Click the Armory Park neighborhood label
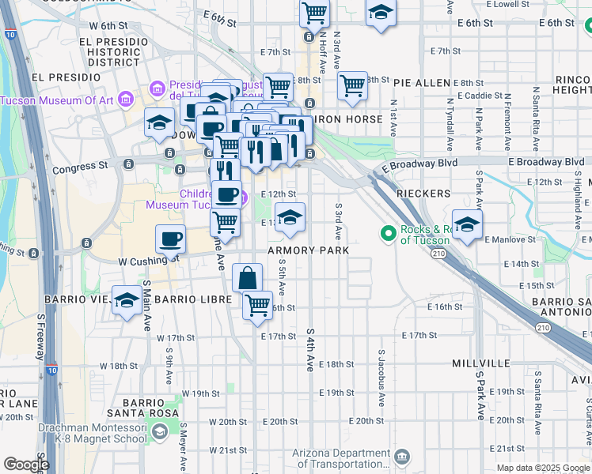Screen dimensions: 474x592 (308, 250)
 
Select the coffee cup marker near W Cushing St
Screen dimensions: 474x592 (172, 239)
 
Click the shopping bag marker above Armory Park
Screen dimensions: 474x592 (248, 278)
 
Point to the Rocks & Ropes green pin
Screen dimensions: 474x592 (388, 233)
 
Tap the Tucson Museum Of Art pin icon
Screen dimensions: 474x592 (124, 100)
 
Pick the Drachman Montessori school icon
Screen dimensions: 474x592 (160, 431)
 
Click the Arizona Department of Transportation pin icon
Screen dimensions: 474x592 (401, 456)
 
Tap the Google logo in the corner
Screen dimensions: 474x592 (26, 465)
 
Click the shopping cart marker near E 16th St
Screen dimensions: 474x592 (258, 304)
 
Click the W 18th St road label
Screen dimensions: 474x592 (120, 366)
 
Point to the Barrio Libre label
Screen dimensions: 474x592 (194, 300)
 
